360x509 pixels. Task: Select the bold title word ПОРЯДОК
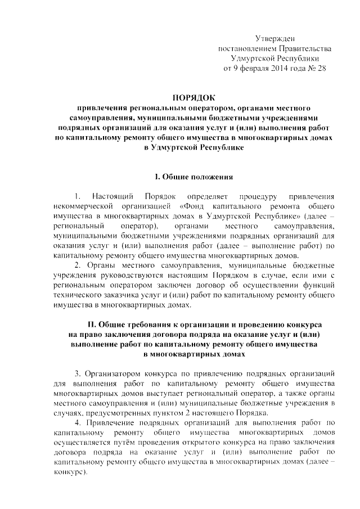coord(193,97)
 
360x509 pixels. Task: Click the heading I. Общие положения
coord(193,177)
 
